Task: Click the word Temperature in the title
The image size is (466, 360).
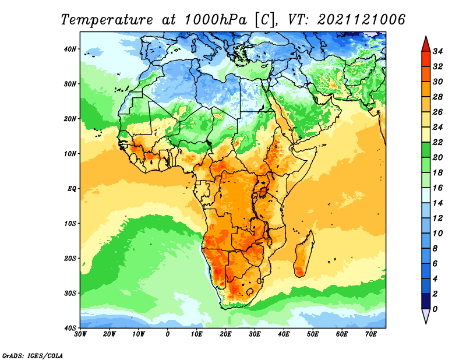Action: (107, 20)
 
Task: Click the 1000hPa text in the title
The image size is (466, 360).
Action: (216, 20)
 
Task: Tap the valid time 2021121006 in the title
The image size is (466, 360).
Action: (361, 20)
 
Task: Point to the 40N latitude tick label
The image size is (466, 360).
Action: (70, 49)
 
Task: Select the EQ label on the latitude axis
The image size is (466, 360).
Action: (72, 189)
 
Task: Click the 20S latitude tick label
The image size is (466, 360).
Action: (70, 258)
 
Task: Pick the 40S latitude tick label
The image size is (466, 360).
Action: (70, 328)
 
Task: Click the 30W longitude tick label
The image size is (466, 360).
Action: (80, 334)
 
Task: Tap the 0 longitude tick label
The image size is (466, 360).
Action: (168, 334)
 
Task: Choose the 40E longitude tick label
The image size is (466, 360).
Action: (284, 334)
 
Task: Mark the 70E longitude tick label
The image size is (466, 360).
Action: (371, 334)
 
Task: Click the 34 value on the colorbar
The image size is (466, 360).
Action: (438, 51)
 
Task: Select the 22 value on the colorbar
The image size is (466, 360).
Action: (438, 142)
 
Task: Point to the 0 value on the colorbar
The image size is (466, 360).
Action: (435, 309)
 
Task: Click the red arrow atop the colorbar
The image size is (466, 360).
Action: (426, 45)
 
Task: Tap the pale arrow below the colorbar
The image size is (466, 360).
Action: (426, 315)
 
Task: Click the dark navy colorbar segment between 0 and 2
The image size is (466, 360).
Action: (426, 301)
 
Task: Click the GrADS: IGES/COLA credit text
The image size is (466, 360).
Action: (33, 356)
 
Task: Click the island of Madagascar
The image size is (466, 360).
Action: (303, 254)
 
